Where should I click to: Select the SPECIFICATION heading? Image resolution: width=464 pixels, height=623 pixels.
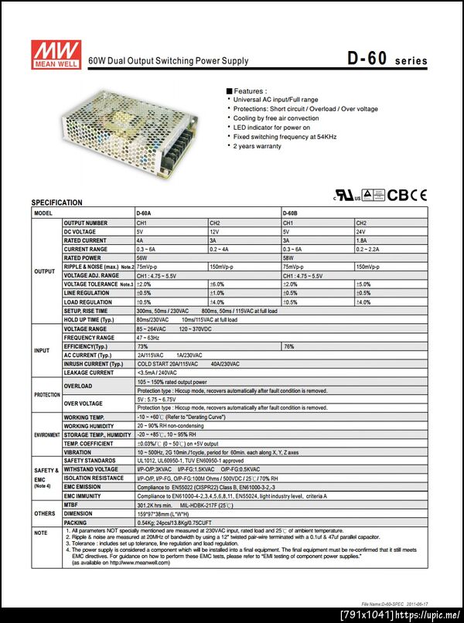pyautogui.click(x=56, y=203)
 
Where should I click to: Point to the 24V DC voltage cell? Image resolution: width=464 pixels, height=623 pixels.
pyautogui.click(x=362, y=231)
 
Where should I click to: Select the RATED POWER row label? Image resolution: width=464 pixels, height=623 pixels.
pyautogui.click(x=84, y=257)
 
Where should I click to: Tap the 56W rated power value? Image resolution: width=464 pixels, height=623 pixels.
pyautogui.click(x=141, y=257)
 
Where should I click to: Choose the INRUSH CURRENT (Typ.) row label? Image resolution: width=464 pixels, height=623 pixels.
pyautogui.click(x=93, y=363)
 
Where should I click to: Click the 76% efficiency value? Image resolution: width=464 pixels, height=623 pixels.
pyautogui.click(x=288, y=346)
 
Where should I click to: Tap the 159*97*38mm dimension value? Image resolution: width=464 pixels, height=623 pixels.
pyautogui.click(x=159, y=512)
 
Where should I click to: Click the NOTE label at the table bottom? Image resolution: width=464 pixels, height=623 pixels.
pyautogui.click(x=41, y=533)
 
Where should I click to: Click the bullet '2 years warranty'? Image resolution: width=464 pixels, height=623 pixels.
pyautogui.click(x=258, y=146)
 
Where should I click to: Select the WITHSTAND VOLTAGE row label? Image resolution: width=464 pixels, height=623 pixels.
pyautogui.click(x=90, y=469)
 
